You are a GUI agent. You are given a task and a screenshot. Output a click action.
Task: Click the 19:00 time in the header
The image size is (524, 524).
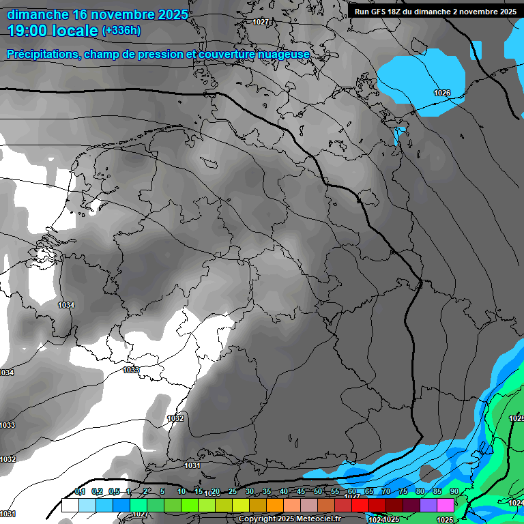29,31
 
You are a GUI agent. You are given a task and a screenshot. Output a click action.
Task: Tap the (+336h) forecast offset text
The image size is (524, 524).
121,31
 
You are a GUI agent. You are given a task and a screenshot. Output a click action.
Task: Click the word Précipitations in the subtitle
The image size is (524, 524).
41,54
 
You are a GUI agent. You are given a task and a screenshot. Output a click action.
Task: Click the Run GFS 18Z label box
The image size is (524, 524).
435,11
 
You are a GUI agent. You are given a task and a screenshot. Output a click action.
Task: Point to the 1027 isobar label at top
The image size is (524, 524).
261,22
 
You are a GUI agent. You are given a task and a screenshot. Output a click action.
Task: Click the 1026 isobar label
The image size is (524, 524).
442,93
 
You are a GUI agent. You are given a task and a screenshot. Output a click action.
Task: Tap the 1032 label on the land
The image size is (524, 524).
175,418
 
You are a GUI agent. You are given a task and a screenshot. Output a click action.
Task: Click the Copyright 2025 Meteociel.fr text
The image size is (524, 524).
289,519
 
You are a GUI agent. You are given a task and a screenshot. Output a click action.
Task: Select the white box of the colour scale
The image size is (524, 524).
70,506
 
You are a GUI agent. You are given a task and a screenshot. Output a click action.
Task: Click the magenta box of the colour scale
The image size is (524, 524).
446,506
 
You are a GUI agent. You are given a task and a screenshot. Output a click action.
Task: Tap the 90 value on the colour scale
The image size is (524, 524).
454,492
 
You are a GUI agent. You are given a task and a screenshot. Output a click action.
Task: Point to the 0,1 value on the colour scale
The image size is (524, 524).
80,492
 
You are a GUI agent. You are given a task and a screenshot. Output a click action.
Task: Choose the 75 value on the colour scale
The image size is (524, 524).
403,492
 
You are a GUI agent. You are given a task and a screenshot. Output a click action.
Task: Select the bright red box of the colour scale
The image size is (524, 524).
360,506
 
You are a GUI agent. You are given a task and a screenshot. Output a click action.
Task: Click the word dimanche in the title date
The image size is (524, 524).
37,14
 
